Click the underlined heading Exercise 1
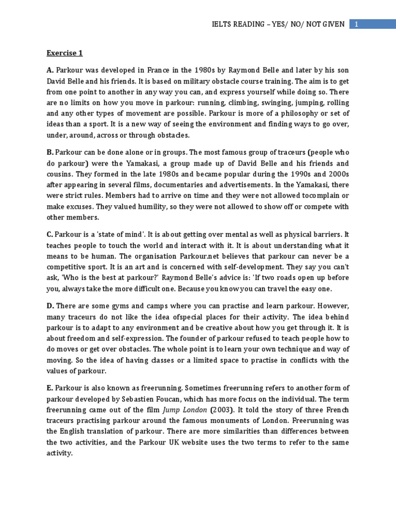click(64, 53)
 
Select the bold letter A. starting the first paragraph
click(51, 70)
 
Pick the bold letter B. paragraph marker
click(51, 152)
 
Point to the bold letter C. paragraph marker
click(51, 235)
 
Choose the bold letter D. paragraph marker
click(51, 306)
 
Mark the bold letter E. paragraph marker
click(50, 388)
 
